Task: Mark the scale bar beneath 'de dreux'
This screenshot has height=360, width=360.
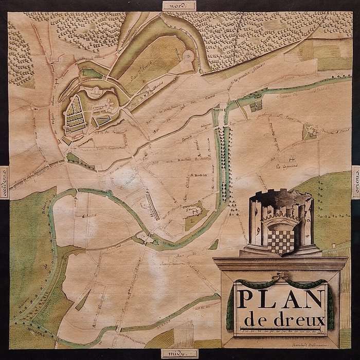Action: (x=282, y=332)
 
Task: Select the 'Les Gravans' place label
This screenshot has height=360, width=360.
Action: (x=286, y=167)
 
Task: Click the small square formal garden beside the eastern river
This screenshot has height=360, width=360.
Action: (x=256, y=105)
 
